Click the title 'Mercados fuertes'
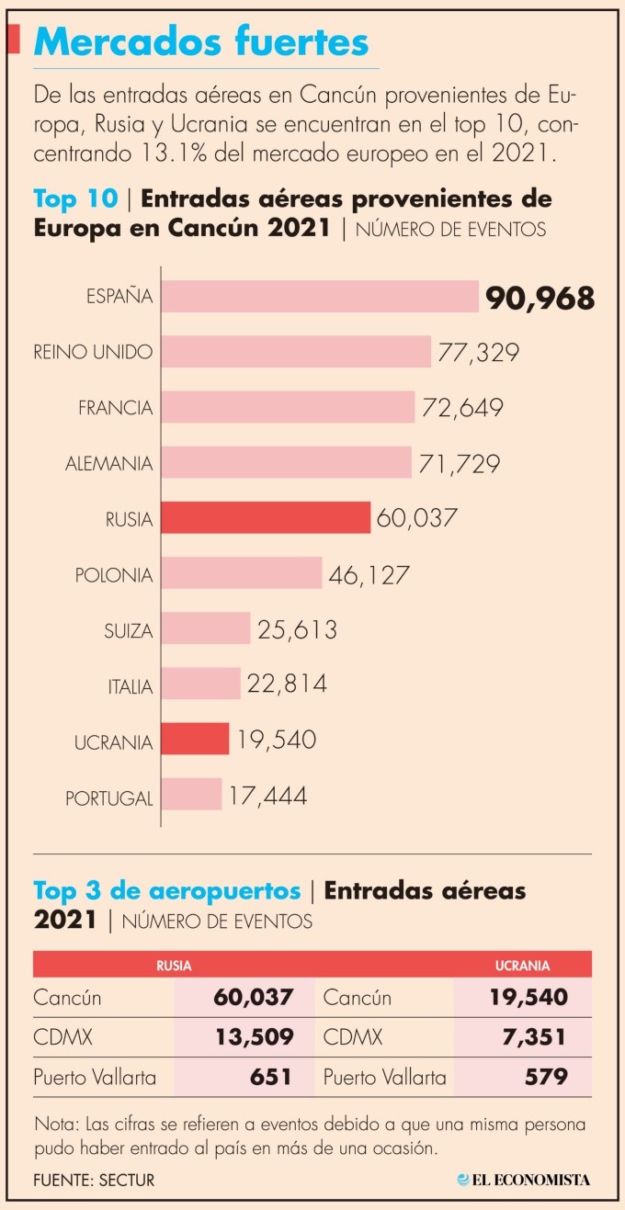pos(201,42)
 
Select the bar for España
pos(320,297)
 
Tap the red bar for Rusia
pos(266,518)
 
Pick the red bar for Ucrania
pos(195,739)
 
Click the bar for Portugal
pos(191,795)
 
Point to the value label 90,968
pos(540,298)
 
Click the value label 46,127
pos(369,575)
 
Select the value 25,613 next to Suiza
pos(297,630)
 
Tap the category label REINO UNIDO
pos(93,352)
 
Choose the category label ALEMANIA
pos(108,464)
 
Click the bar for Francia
pos(288,407)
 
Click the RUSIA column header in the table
pos(174,966)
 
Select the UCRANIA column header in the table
pos(522,966)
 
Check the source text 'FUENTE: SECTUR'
pos(94,1180)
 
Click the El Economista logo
pos(524,1180)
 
